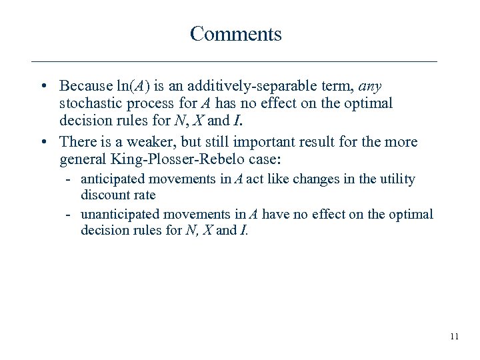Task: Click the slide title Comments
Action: [235, 33]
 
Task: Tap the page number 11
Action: [454, 337]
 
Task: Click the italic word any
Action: [369, 86]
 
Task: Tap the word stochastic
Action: [87, 104]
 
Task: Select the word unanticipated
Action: [117, 213]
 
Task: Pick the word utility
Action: [395, 179]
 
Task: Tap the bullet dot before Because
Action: [43, 87]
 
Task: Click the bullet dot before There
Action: [43, 141]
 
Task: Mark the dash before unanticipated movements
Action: [69, 214]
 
